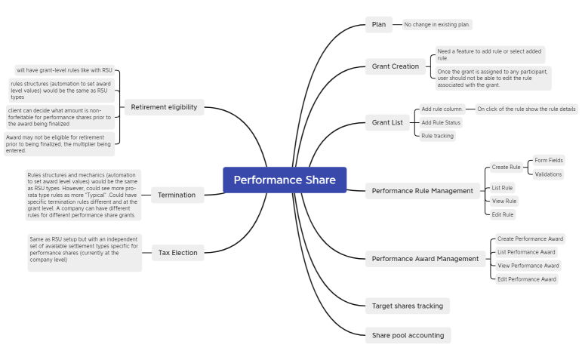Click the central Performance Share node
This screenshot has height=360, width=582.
click(285, 180)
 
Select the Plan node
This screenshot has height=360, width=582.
click(379, 24)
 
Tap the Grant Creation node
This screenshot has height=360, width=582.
click(395, 66)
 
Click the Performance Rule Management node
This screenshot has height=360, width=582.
click(422, 191)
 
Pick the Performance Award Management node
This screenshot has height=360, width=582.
click(425, 259)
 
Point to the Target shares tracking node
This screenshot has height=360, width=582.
click(408, 306)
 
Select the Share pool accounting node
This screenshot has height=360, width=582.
click(408, 335)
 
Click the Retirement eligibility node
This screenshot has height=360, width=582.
click(164, 107)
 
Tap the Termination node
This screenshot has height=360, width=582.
click(177, 195)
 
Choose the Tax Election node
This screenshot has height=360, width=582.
click(177, 252)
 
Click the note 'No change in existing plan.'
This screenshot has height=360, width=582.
click(437, 25)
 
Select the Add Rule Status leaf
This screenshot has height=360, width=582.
click(441, 122)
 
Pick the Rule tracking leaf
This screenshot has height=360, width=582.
click(438, 136)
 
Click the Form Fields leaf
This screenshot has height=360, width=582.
click(548, 160)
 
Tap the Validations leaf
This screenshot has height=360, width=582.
click(547, 174)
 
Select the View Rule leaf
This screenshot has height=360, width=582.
click(503, 201)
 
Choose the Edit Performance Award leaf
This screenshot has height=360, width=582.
click(526, 279)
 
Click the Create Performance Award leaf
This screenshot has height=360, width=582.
click(529, 238)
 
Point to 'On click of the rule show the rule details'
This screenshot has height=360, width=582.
click(526, 109)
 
